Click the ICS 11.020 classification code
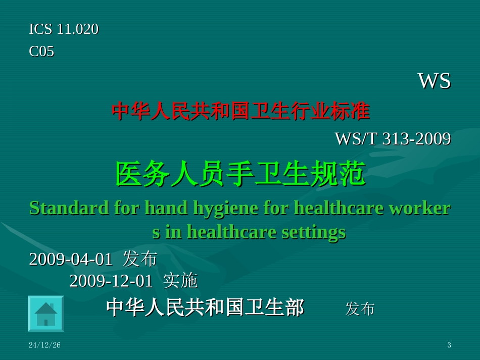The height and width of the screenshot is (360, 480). pyautogui.click(x=64, y=29)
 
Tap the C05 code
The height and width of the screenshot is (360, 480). pyautogui.click(x=41, y=52)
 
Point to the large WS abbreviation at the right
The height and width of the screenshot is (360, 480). pyautogui.click(x=434, y=81)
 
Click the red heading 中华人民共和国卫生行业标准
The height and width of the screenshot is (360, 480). pyautogui.click(x=241, y=111)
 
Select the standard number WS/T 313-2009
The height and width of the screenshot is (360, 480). pyautogui.click(x=393, y=138)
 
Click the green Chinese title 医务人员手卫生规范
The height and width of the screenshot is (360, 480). pyautogui.click(x=241, y=175)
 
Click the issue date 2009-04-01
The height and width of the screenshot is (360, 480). pyautogui.click(x=71, y=259)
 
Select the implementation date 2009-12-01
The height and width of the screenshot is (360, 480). pyautogui.click(x=111, y=281)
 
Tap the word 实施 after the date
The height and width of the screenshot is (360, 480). pyautogui.click(x=180, y=281)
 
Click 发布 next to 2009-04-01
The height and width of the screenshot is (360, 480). pyautogui.click(x=140, y=259)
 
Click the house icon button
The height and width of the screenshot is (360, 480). pyautogui.click(x=45, y=314)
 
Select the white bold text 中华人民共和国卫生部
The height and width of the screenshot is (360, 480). pyautogui.click(x=205, y=307)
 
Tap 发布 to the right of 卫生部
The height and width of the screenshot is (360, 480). pyautogui.click(x=360, y=308)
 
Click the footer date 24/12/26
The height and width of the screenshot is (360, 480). pyautogui.click(x=44, y=345)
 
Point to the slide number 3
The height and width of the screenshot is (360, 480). pyautogui.click(x=449, y=345)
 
